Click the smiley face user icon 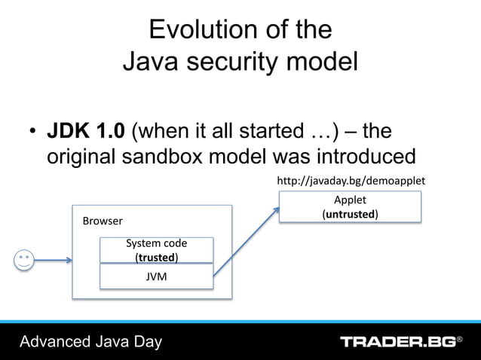24,261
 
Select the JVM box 157,276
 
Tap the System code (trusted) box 157,250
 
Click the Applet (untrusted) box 350,207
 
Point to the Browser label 102,221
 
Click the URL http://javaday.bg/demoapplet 351,181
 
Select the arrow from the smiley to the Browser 53,261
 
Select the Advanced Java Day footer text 91,342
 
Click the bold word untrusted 351,214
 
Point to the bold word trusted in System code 156,257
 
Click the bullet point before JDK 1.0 32,133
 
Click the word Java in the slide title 148,62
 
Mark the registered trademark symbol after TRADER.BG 460,340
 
